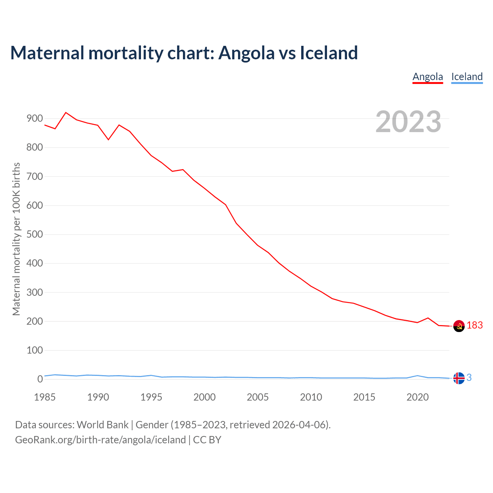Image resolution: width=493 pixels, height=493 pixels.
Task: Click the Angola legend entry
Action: [428, 77]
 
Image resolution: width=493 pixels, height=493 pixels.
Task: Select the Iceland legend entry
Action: [467, 77]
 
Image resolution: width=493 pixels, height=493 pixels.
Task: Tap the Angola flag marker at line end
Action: [459, 326]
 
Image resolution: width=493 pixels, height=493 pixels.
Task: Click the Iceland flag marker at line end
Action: [459, 378]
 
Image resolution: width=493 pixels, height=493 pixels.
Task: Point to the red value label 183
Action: [475, 325]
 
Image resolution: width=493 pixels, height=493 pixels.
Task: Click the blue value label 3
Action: [469, 378]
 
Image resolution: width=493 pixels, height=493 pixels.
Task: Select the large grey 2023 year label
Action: [408, 122]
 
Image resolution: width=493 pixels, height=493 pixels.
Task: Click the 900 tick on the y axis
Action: [35, 119]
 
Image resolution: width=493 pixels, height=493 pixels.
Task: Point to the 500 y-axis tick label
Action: [35, 235]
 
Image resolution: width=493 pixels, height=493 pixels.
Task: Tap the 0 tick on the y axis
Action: [40, 379]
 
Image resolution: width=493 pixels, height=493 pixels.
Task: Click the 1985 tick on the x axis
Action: [45, 397]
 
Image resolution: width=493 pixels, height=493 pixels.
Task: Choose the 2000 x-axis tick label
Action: [205, 397]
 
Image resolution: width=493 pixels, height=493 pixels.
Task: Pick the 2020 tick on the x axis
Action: [418, 397]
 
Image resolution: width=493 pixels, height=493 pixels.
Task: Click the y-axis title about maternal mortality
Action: [16, 239]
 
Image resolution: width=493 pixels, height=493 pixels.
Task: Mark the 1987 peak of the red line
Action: [66, 112]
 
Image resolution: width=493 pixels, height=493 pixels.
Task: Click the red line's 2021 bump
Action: [428, 318]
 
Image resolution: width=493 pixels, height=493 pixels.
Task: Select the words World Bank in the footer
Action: [102, 425]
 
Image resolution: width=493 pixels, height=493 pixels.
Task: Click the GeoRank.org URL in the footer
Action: [100, 440]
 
